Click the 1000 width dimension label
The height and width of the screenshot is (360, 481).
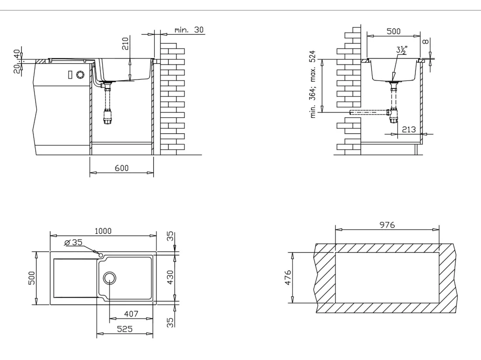click(103, 231)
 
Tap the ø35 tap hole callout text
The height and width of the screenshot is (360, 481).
click(73, 242)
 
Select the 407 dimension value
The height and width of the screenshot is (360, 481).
click(131, 314)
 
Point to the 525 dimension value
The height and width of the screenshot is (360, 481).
click(125, 329)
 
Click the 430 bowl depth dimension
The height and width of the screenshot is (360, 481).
click(170, 277)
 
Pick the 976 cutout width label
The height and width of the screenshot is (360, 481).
click(387, 225)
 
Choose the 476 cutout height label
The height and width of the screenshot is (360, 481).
click(288, 277)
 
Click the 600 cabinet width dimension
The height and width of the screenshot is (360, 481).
click(122, 168)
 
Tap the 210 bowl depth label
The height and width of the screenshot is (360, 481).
click(125, 44)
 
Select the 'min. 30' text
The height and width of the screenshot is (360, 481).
click(189, 30)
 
